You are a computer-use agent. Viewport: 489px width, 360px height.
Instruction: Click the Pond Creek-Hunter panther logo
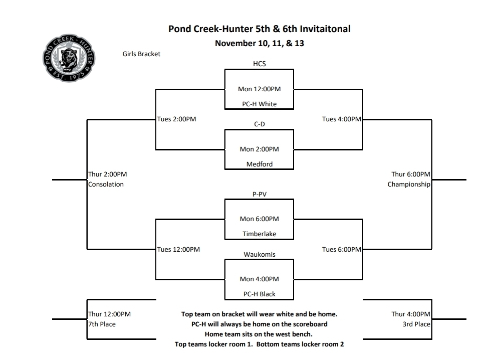tap(66, 59)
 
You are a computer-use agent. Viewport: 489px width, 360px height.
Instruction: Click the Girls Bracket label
tap(141, 54)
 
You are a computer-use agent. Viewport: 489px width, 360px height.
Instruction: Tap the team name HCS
tap(259, 64)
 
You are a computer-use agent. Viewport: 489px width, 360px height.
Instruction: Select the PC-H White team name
tap(259, 104)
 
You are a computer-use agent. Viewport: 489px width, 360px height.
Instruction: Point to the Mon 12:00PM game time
tap(259, 89)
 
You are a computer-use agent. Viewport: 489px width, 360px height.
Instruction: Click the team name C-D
tap(259, 124)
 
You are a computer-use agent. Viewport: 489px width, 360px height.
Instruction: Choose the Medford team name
tap(259, 164)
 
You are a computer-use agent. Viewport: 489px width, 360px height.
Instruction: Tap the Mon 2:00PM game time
tap(259, 149)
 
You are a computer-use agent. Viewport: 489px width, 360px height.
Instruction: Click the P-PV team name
tap(259, 194)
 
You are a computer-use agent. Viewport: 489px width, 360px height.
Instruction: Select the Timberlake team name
tap(259, 234)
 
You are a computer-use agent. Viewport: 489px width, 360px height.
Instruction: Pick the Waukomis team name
tap(259, 254)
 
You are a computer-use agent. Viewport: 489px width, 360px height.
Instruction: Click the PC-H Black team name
tap(259, 294)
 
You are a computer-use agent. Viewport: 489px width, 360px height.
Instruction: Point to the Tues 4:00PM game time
tap(341, 119)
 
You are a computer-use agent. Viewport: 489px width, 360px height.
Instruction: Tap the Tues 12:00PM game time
tap(179, 250)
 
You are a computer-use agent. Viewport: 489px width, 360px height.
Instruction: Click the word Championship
tap(409, 185)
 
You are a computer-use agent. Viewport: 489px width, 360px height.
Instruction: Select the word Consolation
tap(106, 185)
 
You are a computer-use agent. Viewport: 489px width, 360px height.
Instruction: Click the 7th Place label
tap(102, 324)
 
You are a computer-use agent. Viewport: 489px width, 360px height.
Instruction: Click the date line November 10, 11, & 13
tap(259, 43)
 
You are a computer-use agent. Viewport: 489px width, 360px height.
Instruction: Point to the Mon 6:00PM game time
tap(259, 219)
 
